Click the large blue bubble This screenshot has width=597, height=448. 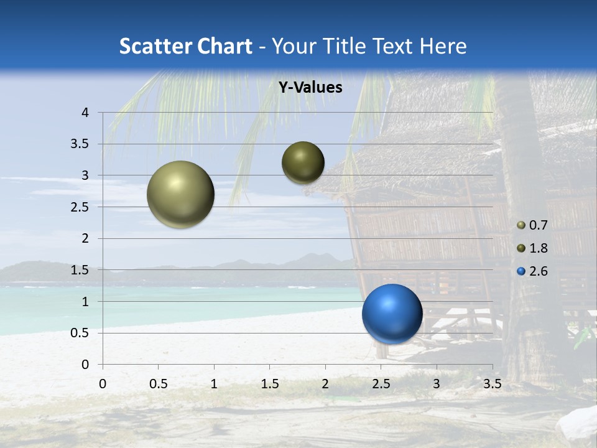(x=392, y=314)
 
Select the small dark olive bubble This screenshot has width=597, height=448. (x=303, y=162)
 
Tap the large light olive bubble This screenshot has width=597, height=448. (x=180, y=194)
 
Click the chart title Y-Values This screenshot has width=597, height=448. (x=310, y=88)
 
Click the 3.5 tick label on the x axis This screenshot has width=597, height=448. (x=492, y=384)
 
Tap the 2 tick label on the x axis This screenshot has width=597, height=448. (x=325, y=384)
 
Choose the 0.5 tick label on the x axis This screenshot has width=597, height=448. (x=159, y=384)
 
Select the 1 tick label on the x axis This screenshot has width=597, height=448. (x=214, y=384)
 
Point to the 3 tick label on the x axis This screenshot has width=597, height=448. (x=437, y=384)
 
